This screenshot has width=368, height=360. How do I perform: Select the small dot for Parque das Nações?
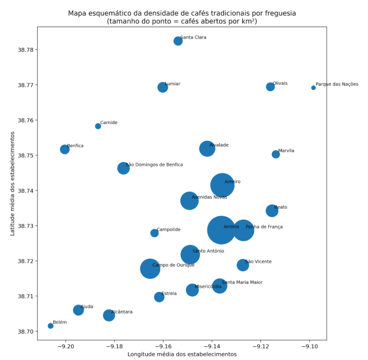pos(313,87)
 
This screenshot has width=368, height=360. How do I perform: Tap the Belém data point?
pos(51,326)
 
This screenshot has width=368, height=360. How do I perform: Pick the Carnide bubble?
pos(98,126)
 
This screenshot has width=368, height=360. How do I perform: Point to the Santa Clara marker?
pos(178,41)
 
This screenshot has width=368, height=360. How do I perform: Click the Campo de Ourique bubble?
pos(150,268)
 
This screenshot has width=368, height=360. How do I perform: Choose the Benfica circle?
pos(65,149)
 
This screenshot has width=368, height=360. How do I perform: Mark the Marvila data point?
pos(276,154)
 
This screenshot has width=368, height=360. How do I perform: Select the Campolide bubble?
pos(155,233)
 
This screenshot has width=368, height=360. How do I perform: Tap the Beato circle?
pos(272,211)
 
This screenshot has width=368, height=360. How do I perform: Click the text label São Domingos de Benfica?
pos(154,165)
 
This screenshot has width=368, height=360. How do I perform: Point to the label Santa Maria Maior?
pos(242,283)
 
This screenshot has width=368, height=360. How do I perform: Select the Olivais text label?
pos(280,83)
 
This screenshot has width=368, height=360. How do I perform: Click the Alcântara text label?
pos(122,312)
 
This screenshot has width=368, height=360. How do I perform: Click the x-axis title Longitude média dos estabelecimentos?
pos(182,354)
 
